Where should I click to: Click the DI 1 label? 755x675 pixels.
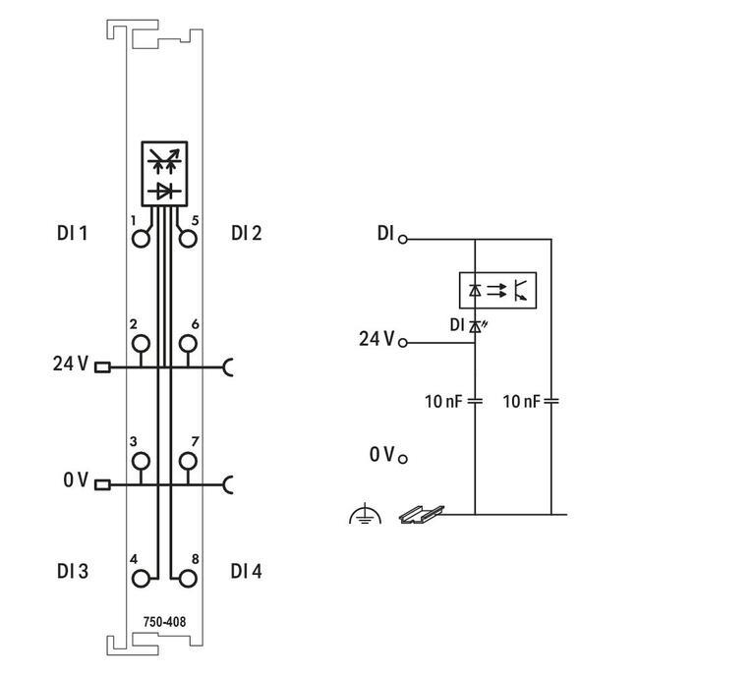point(73,234)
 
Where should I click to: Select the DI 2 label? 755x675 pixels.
point(247,234)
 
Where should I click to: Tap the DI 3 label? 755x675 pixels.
point(73,571)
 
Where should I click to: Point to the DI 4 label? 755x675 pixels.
point(247,571)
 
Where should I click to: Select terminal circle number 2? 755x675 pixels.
point(142,343)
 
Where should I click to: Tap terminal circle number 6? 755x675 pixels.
point(188,343)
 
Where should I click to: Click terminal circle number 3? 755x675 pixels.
point(142,461)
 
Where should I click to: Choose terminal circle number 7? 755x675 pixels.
point(188,461)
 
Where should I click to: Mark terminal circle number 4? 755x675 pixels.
point(142,579)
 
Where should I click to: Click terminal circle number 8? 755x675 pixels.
point(188,579)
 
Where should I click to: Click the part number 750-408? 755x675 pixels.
point(164,621)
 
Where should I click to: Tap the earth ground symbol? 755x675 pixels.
point(365,514)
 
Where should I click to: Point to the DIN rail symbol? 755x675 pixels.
point(421,513)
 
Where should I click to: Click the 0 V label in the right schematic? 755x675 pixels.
point(382,454)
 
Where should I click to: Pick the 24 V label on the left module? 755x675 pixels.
point(70,365)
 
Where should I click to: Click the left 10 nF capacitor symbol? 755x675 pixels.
point(475,401)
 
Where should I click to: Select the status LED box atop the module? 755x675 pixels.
point(164,173)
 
